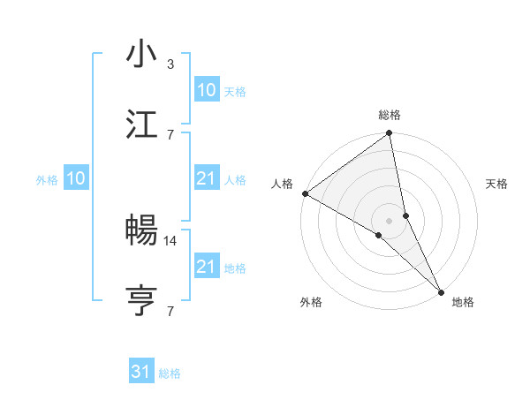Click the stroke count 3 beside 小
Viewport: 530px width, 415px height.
170,64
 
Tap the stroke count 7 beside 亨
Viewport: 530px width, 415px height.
170,310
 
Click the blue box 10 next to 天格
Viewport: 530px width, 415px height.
206,90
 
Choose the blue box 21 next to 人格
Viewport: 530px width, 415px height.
206,178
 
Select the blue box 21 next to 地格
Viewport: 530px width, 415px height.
206,267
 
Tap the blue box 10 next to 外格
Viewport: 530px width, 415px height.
76,178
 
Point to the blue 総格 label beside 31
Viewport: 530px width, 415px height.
170,373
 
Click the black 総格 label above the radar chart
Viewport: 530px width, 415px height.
390,115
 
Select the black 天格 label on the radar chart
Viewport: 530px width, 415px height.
497,184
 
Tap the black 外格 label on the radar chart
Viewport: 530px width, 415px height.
311,302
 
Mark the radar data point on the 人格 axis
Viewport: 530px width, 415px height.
305,193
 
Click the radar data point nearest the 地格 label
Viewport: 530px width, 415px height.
441,290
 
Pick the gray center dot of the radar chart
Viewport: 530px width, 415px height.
390,220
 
